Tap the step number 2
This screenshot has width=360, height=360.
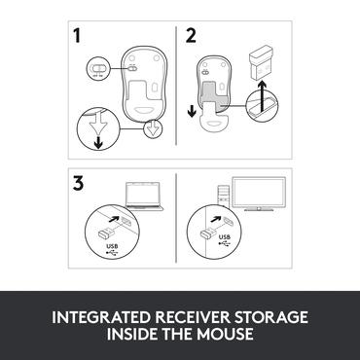(x=191, y=37)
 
